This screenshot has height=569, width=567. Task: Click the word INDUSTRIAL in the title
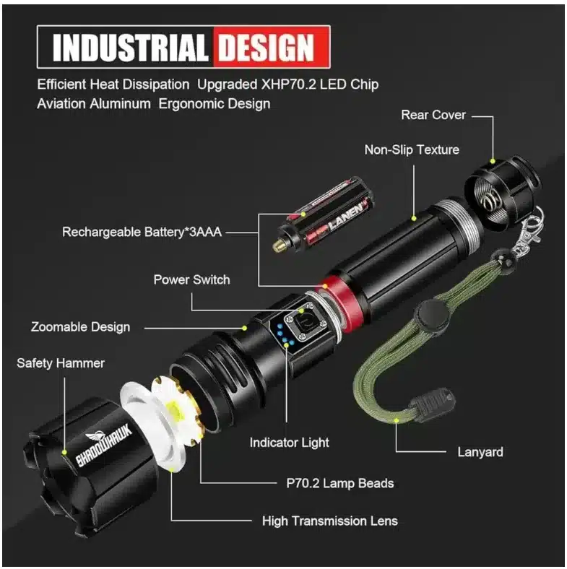[130, 47]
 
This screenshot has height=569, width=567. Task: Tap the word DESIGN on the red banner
[266, 47]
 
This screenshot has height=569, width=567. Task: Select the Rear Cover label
[433, 115]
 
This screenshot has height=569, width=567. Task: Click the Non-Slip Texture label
[412, 149]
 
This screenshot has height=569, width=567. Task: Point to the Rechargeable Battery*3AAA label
[142, 232]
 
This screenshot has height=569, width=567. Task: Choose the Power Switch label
[191, 279]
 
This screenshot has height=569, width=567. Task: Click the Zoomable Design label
[81, 327]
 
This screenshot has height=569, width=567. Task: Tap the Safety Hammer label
[61, 363]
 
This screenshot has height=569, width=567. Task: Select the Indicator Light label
[290, 443]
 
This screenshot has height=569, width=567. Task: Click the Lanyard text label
[480, 452]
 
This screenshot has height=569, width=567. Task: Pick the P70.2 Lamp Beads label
[340, 483]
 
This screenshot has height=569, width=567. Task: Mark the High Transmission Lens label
[330, 521]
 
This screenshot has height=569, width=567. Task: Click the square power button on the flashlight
[305, 321]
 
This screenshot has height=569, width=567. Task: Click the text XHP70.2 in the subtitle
[289, 84]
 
